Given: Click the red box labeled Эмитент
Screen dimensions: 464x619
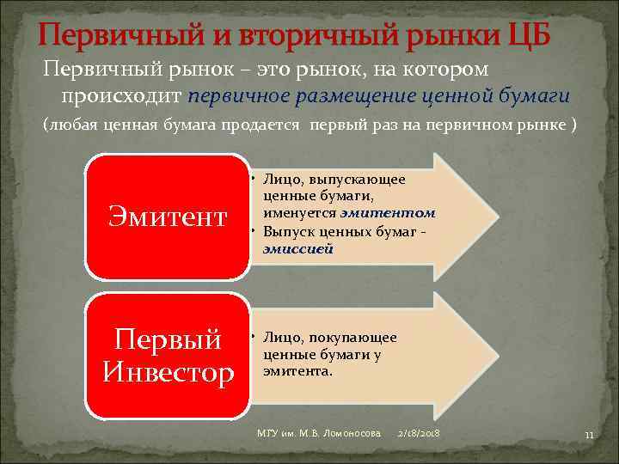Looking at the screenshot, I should tap(169, 217).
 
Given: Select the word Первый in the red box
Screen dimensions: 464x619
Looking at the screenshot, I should tap(169, 340).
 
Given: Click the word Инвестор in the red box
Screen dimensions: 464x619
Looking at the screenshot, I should tap(169, 373).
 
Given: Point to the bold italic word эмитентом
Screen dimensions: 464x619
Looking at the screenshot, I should tap(388, 212).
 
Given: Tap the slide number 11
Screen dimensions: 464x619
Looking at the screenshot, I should tap(589, 436).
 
